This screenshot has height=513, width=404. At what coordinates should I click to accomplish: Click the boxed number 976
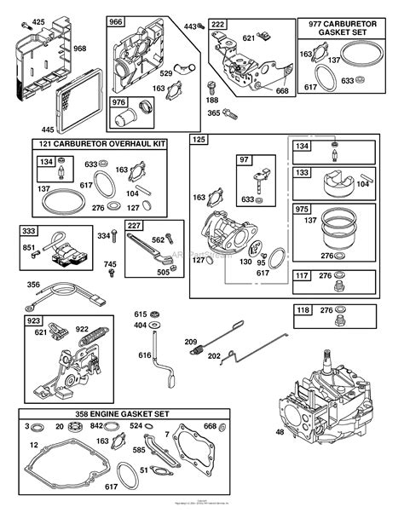pyautogui.click(x=119, y=103)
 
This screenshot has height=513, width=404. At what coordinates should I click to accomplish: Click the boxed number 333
pyautogui.click(x=29, y=230)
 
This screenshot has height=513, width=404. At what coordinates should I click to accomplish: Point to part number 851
pyautogui.click(x=29, y=249)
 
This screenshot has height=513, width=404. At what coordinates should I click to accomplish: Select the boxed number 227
pyautogui.click(x=133, y=226)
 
